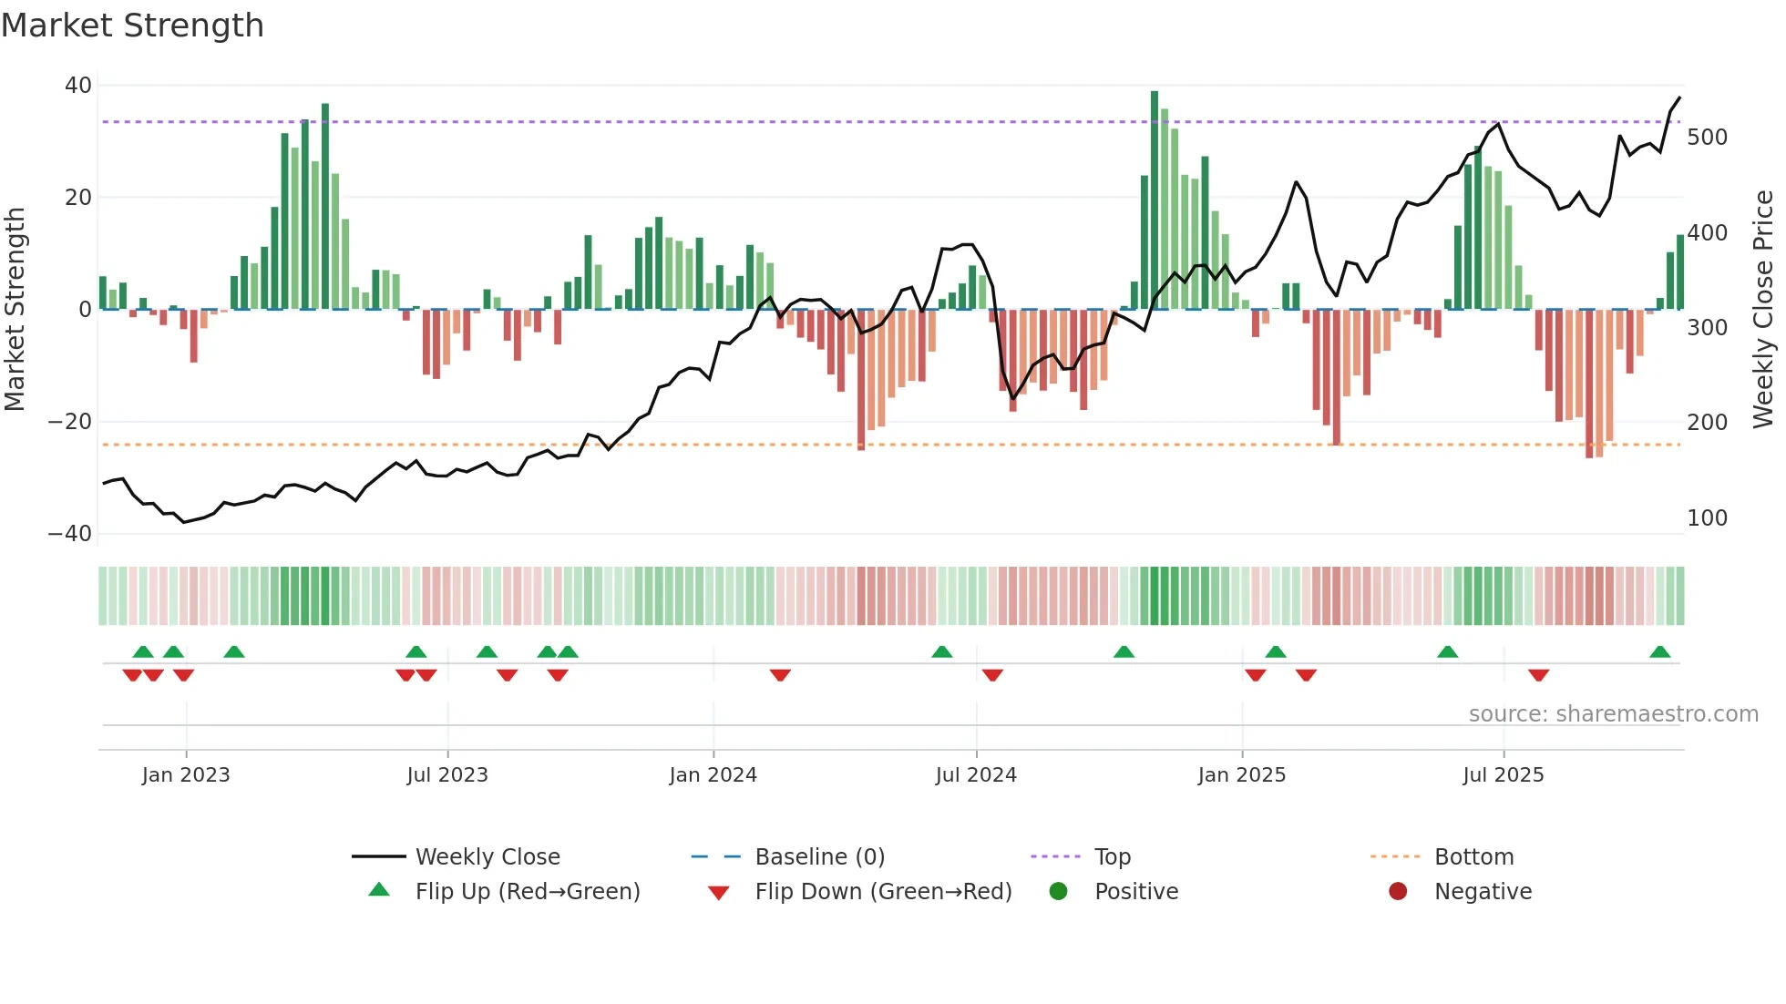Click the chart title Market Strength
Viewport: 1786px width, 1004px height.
132,26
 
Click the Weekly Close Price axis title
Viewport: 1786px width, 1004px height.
1763,309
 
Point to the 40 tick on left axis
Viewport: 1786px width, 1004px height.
78,86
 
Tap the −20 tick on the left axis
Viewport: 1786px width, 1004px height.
70,422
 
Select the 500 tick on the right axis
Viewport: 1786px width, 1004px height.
1707,138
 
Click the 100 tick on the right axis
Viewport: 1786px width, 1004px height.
1707,518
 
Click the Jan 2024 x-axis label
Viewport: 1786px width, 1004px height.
713,775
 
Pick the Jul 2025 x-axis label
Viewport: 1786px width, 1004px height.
1503,775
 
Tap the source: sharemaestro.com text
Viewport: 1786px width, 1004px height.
1613,714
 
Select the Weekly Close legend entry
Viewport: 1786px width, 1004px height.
487,857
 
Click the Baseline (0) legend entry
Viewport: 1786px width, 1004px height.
819,857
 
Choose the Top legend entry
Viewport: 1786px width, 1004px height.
1112,857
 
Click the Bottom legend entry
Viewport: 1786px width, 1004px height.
1473,857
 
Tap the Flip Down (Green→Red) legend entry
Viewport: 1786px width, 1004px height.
882,892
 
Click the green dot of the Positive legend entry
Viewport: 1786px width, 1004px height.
1058,892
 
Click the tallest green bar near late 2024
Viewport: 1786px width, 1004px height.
1155,200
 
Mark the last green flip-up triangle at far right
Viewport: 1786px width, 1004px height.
1659,652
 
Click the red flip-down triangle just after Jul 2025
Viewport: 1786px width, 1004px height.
1538,675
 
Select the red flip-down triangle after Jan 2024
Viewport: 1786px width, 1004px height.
780,675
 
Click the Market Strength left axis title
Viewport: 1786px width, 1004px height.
15,309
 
